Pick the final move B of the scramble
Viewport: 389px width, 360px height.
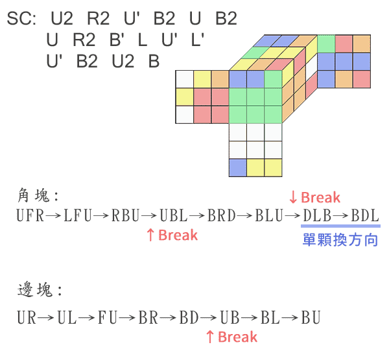[153, 62]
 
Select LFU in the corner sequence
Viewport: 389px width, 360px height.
[78, 216]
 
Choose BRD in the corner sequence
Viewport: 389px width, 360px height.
[222, 216]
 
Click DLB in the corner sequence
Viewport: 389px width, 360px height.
[318, 216]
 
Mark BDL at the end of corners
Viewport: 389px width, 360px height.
[365, 216]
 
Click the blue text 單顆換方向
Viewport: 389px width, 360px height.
[340, 240]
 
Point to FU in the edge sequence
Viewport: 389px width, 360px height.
[108, 318]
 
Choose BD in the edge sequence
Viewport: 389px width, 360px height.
[189, 318]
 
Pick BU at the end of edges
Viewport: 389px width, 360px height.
[310, 318]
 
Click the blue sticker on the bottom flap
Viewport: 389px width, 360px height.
[238, 167]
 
